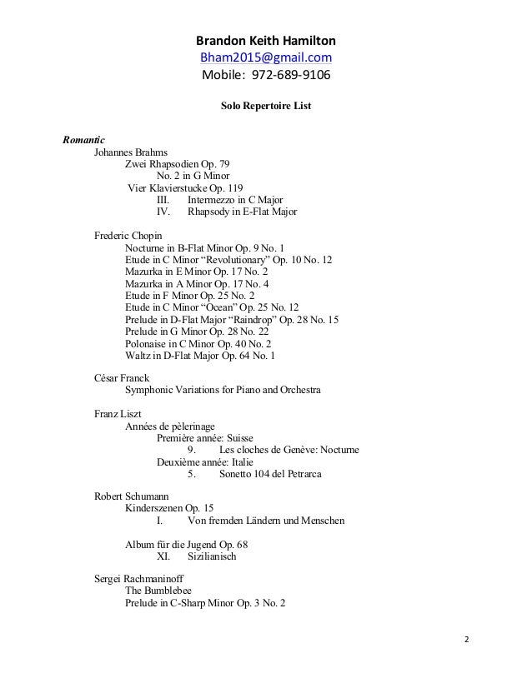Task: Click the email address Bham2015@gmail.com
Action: [266, 57]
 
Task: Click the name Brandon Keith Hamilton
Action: [266, 40]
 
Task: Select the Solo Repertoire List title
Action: [266, 107]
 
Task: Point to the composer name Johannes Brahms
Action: [131, 152]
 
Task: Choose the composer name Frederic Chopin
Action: [128, 236]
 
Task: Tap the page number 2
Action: [466, 640]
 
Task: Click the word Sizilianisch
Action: [213, 556]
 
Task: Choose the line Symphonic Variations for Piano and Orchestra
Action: [223, 390]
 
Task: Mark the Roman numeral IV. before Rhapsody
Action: [163, 212]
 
